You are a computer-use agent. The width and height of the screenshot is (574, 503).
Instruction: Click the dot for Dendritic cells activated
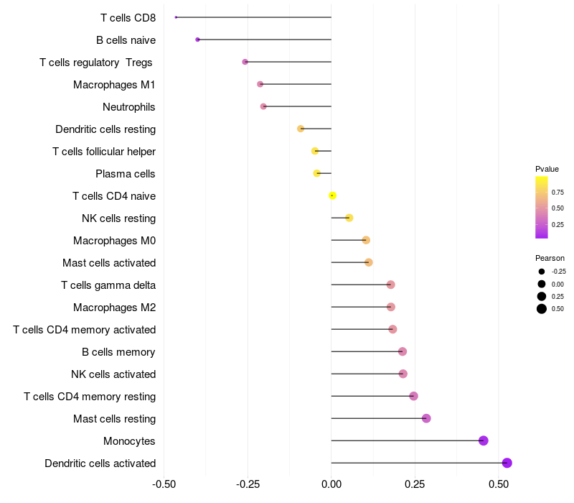tap(507, 463)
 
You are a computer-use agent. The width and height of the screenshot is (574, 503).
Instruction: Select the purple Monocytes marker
tap(483, 440)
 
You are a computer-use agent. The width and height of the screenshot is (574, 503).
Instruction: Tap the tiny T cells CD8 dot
tap(176, 17)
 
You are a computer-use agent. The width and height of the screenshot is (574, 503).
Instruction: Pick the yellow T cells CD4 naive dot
tap(332, 195)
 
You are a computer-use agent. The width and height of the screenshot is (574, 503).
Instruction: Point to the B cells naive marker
tap(197, 40)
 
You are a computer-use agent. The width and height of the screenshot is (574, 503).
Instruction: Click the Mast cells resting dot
tap(426, 418)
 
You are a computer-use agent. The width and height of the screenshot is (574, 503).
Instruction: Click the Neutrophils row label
tap(128, 107)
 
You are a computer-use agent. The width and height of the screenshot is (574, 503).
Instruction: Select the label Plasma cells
tap(125, 174)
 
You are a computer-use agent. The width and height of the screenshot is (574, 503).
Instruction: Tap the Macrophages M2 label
tap(114, 308)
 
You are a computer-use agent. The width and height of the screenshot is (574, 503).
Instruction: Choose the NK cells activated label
tap(113, 374)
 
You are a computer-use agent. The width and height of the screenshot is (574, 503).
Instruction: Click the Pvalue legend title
tap(547, 169)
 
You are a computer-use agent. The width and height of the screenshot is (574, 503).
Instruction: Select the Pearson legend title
tap(550, 258)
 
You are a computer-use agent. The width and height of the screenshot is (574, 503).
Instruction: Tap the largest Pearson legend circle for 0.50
tap(542, 309)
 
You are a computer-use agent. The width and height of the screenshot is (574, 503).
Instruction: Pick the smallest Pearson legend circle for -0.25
tap(542, 272)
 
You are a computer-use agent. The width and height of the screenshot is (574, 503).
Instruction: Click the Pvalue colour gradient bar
tap(542, 207)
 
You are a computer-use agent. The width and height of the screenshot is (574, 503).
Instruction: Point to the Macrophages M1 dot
tap(260, 84)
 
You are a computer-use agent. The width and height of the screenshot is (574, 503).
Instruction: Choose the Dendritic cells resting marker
tap(301, 129)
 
